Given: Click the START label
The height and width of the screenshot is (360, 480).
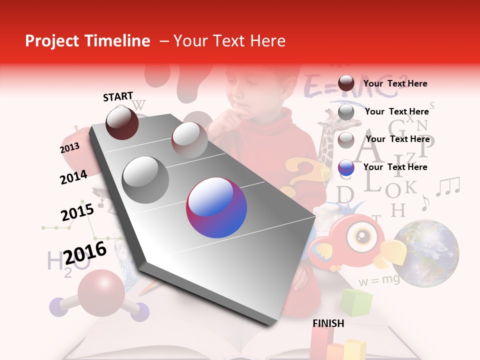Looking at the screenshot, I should (118, 96).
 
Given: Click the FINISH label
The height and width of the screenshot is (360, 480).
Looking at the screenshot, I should (328, 323).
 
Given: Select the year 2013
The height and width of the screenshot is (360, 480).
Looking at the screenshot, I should (69, 148).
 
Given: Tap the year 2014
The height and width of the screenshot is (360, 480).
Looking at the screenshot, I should (73, 177).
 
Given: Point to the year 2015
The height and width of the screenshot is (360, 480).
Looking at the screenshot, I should (77, 212).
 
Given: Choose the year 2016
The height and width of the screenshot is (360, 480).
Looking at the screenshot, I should (85, 252).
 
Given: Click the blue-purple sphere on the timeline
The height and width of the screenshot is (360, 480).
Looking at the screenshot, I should (216, 208).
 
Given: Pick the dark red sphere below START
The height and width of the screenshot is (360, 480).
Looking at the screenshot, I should (122, 123).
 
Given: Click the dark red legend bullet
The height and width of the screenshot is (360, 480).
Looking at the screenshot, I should (346, 83).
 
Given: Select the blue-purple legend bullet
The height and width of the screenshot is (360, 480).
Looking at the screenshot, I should (346, 167).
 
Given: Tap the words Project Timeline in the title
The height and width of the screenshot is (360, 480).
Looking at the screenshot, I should (87, 41).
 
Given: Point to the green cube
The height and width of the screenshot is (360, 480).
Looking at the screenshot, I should (356, 302).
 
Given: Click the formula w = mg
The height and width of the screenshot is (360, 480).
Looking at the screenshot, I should (378, 280).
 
